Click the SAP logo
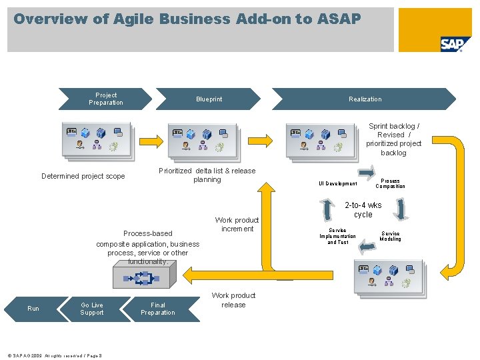(x=451, y=44)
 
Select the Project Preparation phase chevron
(x=105, y=99)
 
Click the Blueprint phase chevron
(x=209, y=99)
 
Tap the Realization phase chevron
(x=365, y=99)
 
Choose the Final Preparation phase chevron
(x=157, y=309)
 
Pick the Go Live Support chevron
(x=92, y=309)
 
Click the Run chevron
(x=33, y=309)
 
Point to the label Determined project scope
(x=83, y=177)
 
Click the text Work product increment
(x=237, y=225)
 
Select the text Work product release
(x=233, y=300)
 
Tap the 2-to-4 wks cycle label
(x=363, y=210)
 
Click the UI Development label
(x=337, y=183)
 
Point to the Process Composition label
(x=390, y=183)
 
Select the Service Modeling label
(x=390, y=236)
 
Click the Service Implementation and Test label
(x=337, y=236)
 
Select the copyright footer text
(x=52, y=356)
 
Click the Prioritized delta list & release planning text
(x=207, y=175)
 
